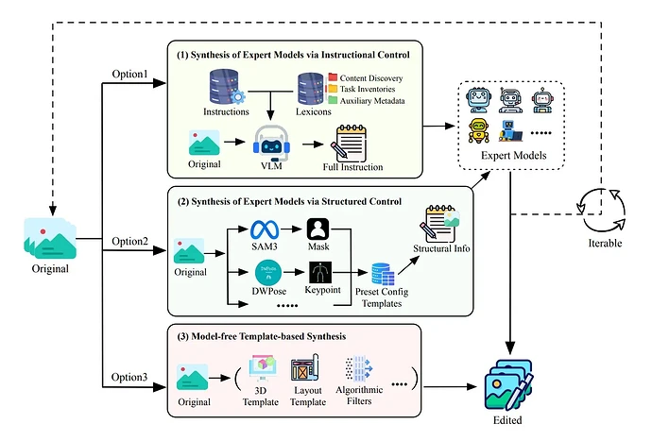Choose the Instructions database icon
224,86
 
